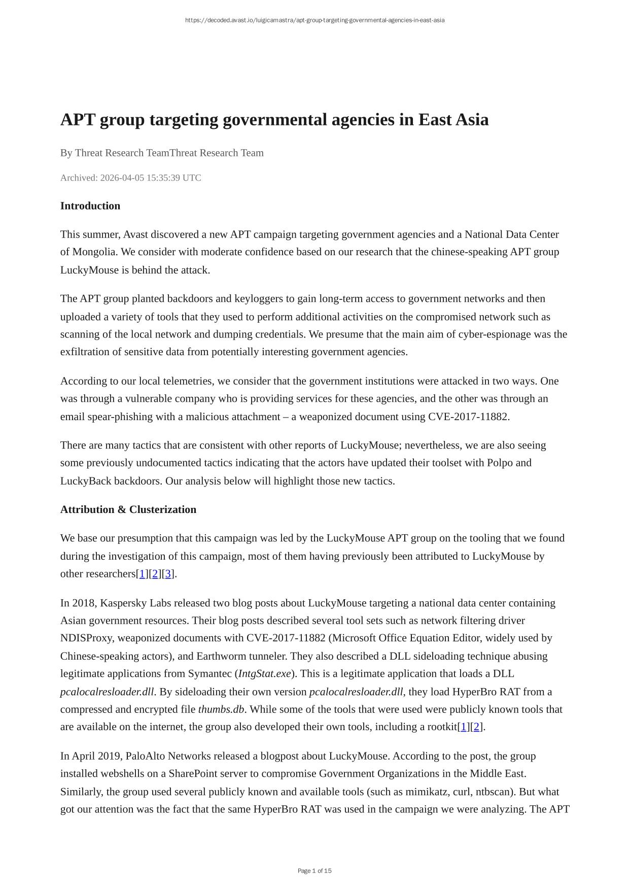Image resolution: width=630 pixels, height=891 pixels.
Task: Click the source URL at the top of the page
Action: click(x=314, y=20)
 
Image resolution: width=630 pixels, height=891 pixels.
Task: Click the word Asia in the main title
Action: click(x=472, y=120)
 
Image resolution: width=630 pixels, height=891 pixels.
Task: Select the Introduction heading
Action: click(x=90, y=206)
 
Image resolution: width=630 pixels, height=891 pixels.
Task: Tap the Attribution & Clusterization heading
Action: click(x=128, y=509)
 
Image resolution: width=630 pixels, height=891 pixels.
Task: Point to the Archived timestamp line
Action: click(x=131, y=178)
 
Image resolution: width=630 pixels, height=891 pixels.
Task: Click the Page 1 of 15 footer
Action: click(x=314, y=871)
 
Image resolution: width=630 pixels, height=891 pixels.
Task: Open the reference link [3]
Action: click(x=168, y=574)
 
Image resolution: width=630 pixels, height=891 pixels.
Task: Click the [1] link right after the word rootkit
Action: click(x=464, y=727)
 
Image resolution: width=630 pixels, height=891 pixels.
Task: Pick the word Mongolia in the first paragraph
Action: click(x=94, y=252)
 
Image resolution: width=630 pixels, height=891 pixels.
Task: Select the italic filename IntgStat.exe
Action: click(x=264, y=674)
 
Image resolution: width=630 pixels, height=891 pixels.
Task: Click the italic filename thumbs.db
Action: click(x=221, y=709)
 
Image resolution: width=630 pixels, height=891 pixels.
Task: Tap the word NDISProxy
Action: click(x=86, y=638)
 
